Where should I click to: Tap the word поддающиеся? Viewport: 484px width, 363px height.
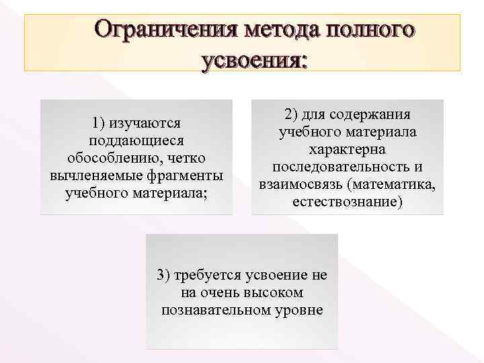(136, 141)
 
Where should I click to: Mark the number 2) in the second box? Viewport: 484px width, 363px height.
(292, 114)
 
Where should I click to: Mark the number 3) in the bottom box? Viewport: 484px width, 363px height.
(164, 275)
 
